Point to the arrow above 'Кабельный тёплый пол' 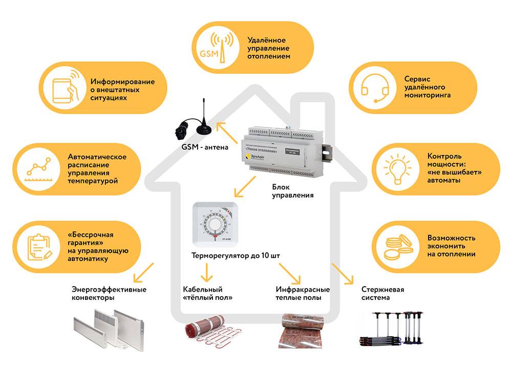(206, 273)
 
